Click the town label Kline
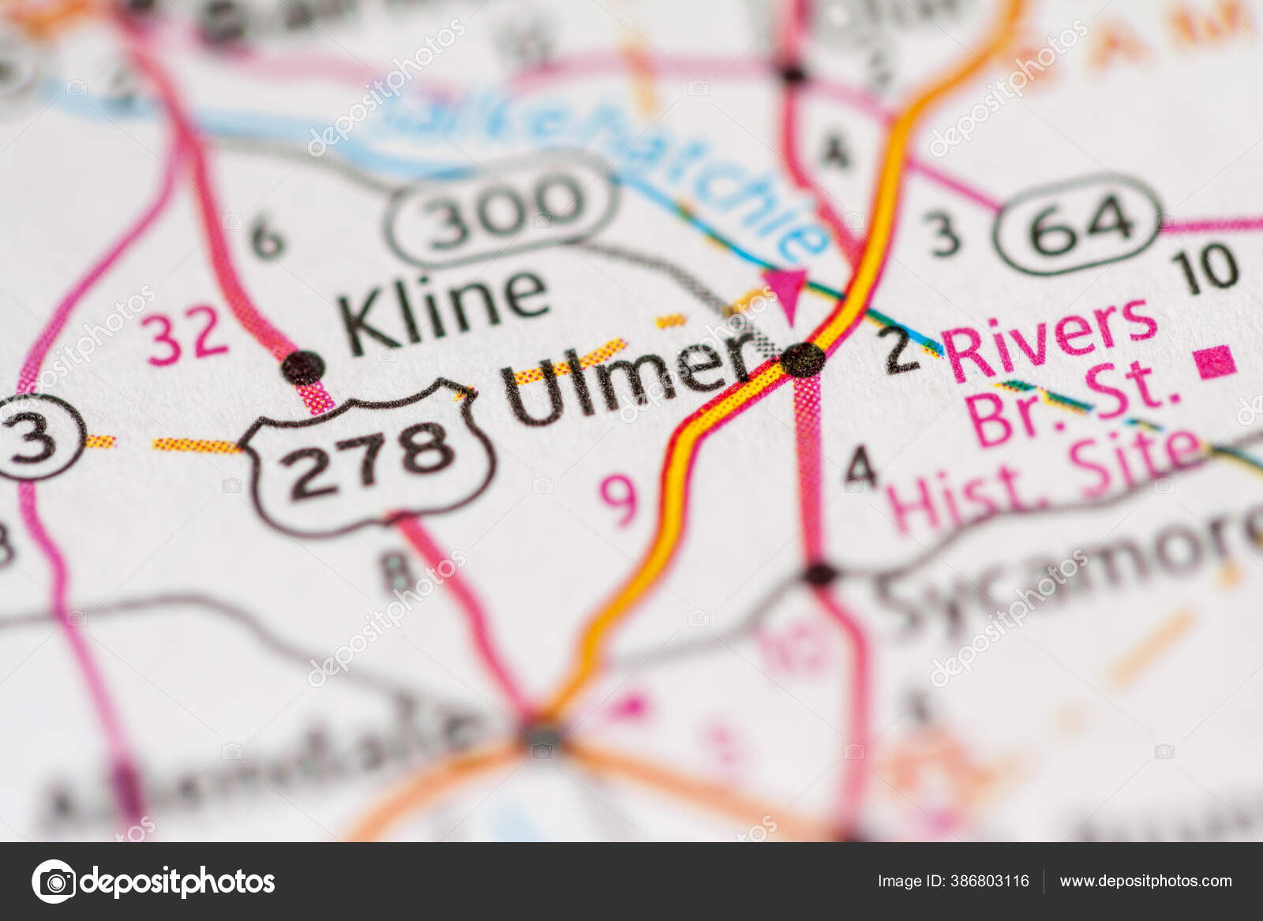[x=444, y=309]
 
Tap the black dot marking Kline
[x=303, y=367]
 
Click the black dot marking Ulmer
[x=804, y=361]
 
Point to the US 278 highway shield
[x=370, y=457]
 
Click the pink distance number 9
[x=618, y=499]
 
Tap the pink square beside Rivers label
[x=1216, y=361]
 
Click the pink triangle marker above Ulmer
[x=786, y=287]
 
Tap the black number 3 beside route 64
[x=945, y=234]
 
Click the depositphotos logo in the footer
[x=153, y=882]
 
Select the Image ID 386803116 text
[x=953, y=881]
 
